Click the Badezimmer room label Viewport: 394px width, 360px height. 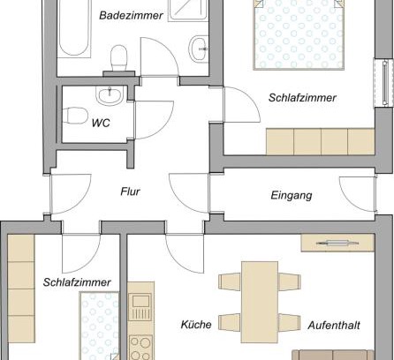(x=131, y=15)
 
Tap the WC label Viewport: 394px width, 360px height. (x=101, y=123)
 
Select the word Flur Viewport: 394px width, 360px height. (x=130, y=191)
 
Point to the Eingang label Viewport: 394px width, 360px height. (x=292, y=196)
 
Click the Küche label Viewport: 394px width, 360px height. (x=196, y=325)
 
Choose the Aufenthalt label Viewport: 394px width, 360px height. (x=334, y=326)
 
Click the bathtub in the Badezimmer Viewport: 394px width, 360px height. (x=73, y=28)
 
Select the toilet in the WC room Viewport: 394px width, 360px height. (x=75, y=116)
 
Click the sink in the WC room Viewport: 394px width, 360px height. (x=110, y=95)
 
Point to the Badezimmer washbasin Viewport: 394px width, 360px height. (x=199, y=49)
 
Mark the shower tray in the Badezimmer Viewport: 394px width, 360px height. (x=187, y=11)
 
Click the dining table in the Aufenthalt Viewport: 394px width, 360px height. (x=260, y=302)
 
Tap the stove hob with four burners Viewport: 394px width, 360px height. (x=140, y=348)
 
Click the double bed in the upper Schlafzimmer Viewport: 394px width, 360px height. (x=299, y=34)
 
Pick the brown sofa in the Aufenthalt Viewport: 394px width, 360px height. (x=333, y=355)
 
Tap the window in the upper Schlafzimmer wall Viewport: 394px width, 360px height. (x=384, y=83)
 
